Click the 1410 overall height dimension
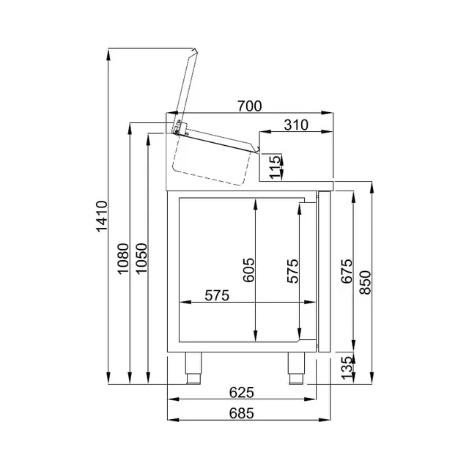coord(102,217)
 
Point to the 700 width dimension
coord(249,107)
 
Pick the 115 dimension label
coord(273,166)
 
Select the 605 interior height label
coord(248,271)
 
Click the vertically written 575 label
coord(292,271)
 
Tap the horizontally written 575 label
coord(217,296)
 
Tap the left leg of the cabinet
coord(195,366)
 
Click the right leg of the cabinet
coord(295,366)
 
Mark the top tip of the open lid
coord(195,51)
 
